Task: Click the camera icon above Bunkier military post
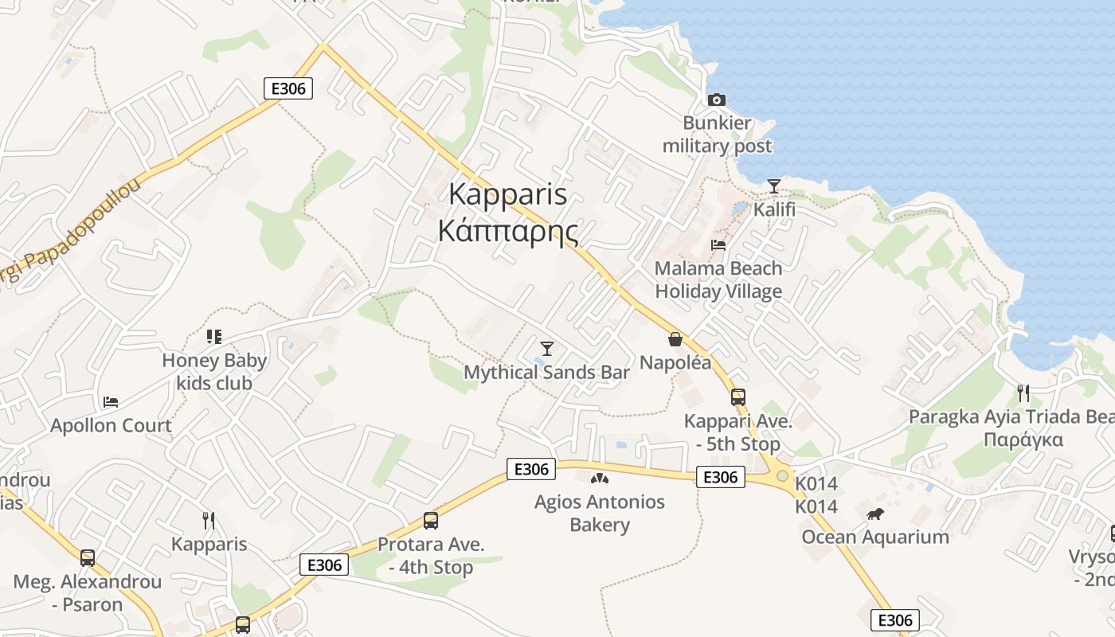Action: (717, 100)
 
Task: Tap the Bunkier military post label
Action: (717, 135)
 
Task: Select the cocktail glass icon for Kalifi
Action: (773, 186)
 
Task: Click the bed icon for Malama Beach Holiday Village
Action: (718, 244)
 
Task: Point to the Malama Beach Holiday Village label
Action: (718, 279)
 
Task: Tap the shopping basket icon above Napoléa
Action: (675, 339)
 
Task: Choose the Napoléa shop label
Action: (675, 362)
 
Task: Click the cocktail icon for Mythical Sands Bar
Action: (546, 348)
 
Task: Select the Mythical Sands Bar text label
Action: (546, 372)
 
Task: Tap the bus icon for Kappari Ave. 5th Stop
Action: (738, 397)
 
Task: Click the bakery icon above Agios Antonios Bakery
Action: (599, 479)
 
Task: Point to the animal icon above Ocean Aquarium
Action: (875, 514)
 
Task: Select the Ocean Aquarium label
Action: (875, 537)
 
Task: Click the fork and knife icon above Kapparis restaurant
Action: (209, 521)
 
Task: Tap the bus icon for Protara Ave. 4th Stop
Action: (431, 521)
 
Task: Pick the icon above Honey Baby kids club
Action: (213, 337)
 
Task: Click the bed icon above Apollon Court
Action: (111, 402)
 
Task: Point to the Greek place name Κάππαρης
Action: (507, 231)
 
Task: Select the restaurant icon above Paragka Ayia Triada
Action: (1023, 393)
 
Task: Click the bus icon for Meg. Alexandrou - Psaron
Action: (88, 557)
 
